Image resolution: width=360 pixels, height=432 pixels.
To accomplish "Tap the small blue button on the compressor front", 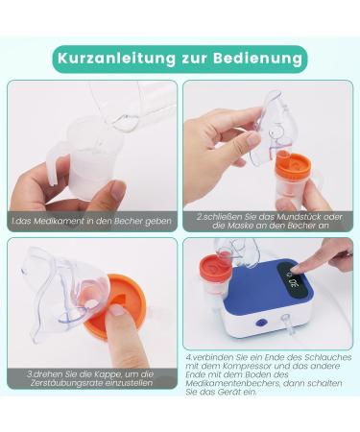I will pyautogui.click(x=258, y=324).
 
